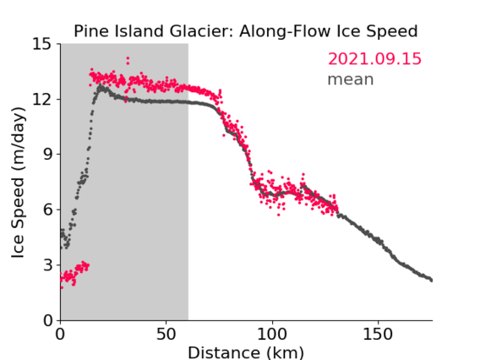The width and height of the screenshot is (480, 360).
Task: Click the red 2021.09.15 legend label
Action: tap(374, 59)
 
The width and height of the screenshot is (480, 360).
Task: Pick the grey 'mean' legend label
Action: tap(351, 79)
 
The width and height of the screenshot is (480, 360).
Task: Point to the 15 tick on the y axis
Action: tap(42, 44)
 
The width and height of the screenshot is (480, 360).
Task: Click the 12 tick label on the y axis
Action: tap(42, 99)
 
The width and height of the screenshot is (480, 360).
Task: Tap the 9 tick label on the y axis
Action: tap(47, 155)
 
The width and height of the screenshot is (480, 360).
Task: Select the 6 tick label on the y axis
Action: tap(47, 210)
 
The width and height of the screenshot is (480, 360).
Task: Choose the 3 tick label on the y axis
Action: tap(47, 265)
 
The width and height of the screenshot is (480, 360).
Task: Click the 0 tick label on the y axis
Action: tap(47, 320)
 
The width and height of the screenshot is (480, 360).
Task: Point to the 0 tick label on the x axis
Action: tap(60, 335)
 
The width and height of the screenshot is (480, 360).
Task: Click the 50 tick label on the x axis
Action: tap(166, 335)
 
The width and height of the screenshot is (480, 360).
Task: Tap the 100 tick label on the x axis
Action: tap(272, 335)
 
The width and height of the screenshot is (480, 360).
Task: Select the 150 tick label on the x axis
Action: tap(378, 335)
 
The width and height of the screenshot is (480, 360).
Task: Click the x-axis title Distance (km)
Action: tap(246, 352)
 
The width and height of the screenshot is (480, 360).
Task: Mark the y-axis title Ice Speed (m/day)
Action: tap(18, 183)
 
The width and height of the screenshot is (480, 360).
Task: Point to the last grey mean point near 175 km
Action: tap(431, 280)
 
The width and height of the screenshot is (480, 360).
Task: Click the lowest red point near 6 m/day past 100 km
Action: tap(279, 215)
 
